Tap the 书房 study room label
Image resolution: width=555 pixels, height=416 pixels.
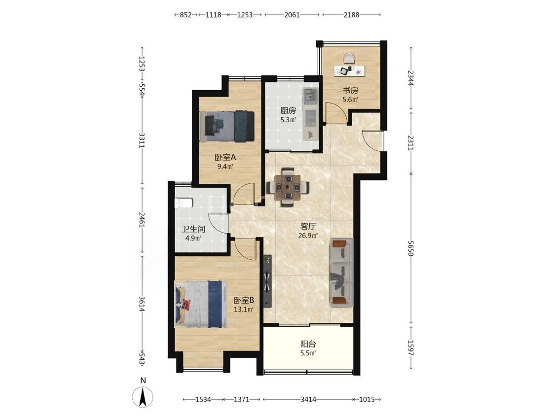pos(350,91)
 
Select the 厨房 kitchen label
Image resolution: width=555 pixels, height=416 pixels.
pos(288,111)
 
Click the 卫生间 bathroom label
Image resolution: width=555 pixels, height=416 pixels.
pos(193,229)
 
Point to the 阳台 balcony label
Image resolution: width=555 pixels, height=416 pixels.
pos(308,344)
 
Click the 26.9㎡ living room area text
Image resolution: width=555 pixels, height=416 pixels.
pos(308,235)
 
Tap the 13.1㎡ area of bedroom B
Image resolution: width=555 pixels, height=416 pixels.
pos(244,310)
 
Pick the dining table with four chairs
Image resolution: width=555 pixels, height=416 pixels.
pos(288,186)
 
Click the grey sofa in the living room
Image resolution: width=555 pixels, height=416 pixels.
pos(341,272)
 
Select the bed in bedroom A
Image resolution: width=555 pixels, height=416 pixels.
pos(226,126)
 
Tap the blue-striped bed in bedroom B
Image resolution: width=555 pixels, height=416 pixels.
pos(200,304)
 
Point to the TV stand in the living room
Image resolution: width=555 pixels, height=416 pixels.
pos(267,281)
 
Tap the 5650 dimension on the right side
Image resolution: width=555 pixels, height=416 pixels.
pos(410,248)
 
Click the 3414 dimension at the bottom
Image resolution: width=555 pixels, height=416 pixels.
pos(308,399)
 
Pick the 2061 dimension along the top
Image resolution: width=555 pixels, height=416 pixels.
pos(292,15)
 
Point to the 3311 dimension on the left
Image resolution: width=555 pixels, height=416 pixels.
pos(142,140)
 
